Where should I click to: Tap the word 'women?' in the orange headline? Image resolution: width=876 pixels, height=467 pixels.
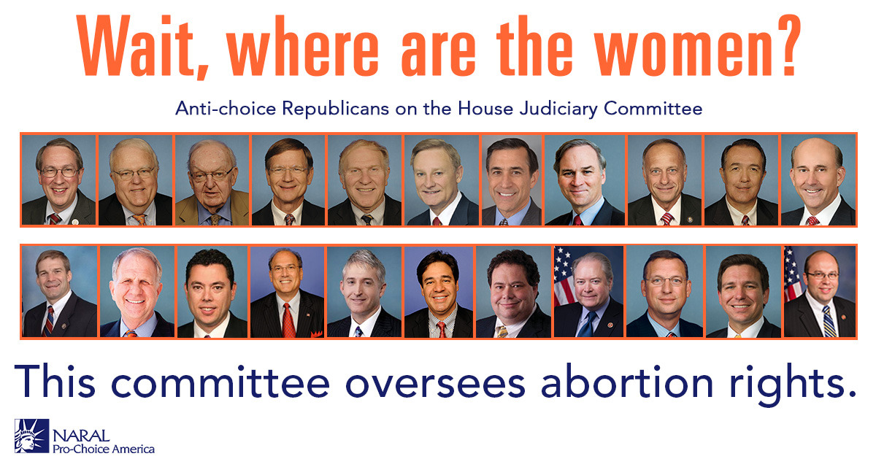click(x=696, y=45)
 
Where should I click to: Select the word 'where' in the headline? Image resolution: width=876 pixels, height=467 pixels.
click(x=303, y=46)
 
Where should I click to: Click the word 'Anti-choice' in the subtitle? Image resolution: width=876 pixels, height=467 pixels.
click(x=226, y=108)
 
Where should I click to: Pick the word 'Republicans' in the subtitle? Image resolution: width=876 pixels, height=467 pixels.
click(x=336, y=109)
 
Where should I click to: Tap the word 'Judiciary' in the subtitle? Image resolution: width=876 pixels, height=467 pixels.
click(x=558, y=109)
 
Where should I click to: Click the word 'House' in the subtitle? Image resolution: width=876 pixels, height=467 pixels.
click(x=485, y=108)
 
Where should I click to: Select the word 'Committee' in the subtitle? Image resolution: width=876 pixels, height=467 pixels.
click(x=653, y=108)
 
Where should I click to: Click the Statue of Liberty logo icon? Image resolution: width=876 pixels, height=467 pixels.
click(x=32, y=436)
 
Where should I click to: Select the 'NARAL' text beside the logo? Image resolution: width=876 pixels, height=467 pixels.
click(x=81, y=436)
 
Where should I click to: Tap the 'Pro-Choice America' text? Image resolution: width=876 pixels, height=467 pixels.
click(x=104, y=449)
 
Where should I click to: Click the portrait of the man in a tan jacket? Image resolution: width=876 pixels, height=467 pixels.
click(x=212, y=180)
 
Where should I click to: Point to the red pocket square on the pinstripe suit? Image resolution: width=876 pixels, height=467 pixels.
click(x=316, y=334)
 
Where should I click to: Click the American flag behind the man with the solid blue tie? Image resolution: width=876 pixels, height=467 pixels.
click(x=563, y=276)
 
